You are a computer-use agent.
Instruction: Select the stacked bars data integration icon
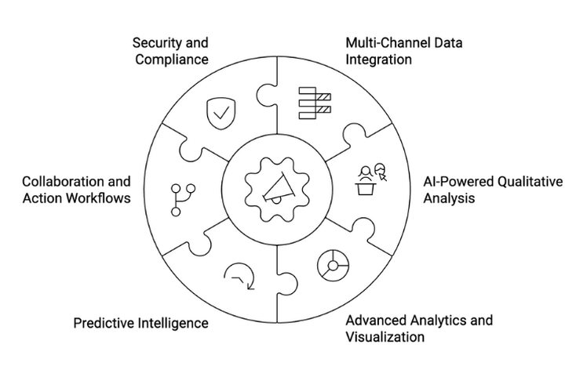coord(315,104)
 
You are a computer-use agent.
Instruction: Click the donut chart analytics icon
coord(333,265)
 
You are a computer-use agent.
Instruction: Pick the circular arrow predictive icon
coord(238,276)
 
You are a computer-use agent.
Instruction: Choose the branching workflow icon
coord(179,199)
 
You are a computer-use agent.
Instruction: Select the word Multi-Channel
coord(383,42)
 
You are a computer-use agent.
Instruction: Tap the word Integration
coord(379,59)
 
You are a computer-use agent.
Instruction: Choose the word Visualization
coord(385,337)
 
